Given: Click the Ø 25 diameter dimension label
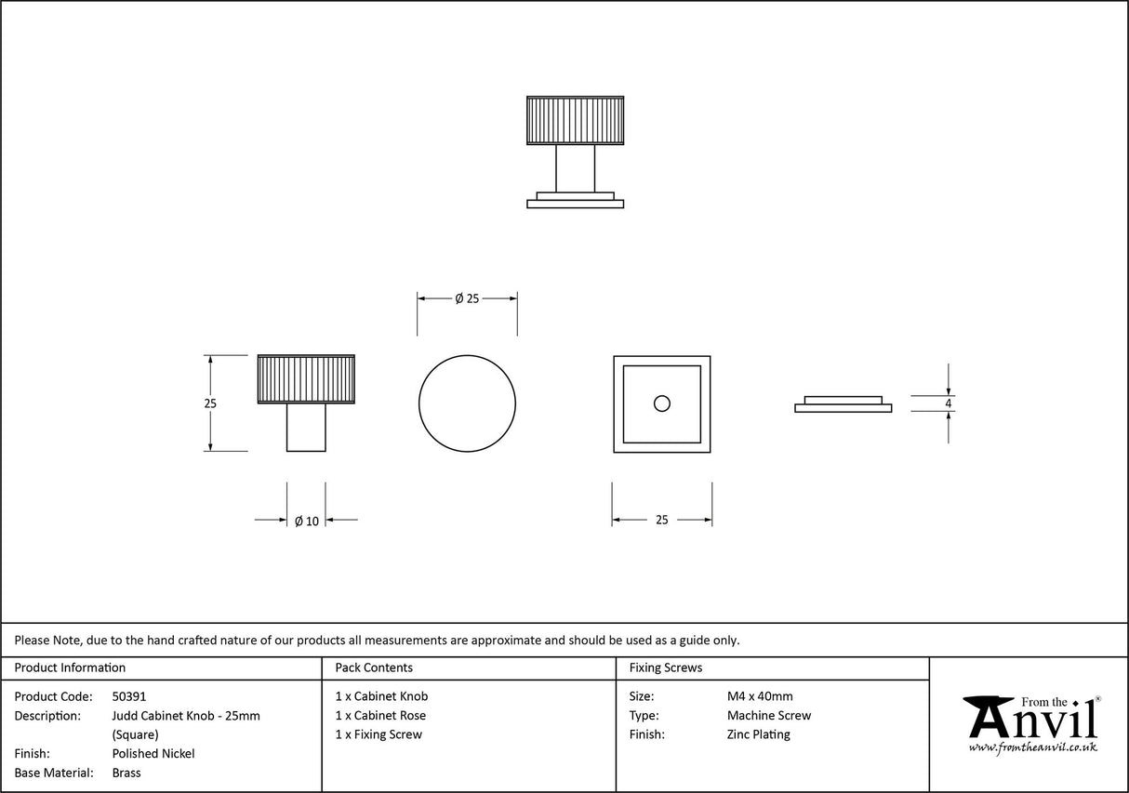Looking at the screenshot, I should point(467,298).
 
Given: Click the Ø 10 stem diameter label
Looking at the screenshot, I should point(306,521).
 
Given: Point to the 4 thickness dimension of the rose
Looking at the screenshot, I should point(948,403).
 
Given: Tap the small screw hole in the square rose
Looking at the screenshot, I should point(661,403).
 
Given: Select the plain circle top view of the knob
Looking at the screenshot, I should point(467,403).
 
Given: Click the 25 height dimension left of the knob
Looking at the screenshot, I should point(210,403).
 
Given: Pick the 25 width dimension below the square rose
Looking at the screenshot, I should point(661,521).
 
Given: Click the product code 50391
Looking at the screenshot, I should point(129,696).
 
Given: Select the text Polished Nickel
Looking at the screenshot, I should point(153,754).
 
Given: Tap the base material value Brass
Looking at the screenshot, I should point(126,773).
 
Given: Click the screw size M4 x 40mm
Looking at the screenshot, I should point(760,696).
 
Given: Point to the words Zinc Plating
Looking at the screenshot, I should point(758,734).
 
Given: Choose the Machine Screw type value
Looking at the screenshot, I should point(768,716).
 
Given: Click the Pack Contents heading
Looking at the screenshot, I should point(374,667).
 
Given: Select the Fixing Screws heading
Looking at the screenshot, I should point(666,667).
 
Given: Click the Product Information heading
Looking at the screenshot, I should point(70,667).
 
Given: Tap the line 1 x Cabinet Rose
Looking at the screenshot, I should point(380,716).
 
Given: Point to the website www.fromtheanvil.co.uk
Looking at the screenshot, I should point(1032,747).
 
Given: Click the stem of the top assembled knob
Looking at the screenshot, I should point(575,168).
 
